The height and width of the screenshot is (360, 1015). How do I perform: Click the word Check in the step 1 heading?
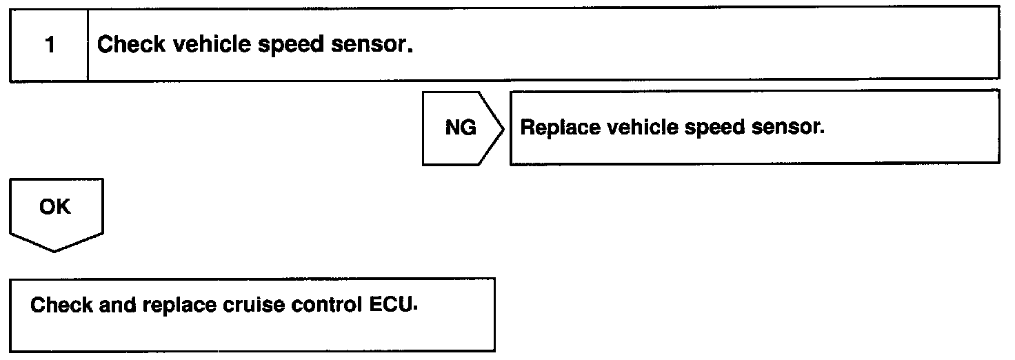pyautogui.click(x=131, y=46)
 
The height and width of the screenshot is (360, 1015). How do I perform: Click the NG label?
pyautogui.click(x=461, y=128)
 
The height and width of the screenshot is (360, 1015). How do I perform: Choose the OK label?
pyautogui.click(x=55, y=206)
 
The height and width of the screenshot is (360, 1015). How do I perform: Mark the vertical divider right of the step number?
pyautogui.click(x=88, y=46)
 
